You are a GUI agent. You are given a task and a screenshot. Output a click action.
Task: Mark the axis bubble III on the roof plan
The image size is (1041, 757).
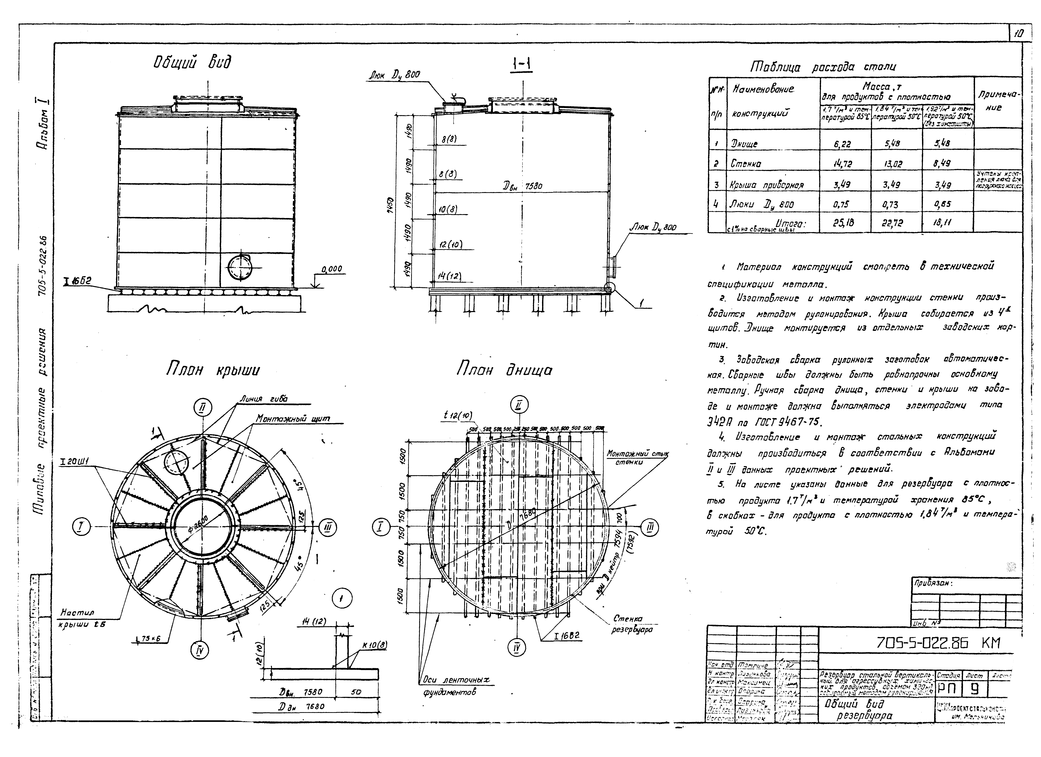327,528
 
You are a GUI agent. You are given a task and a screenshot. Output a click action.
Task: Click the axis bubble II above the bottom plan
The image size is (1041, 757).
519,405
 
